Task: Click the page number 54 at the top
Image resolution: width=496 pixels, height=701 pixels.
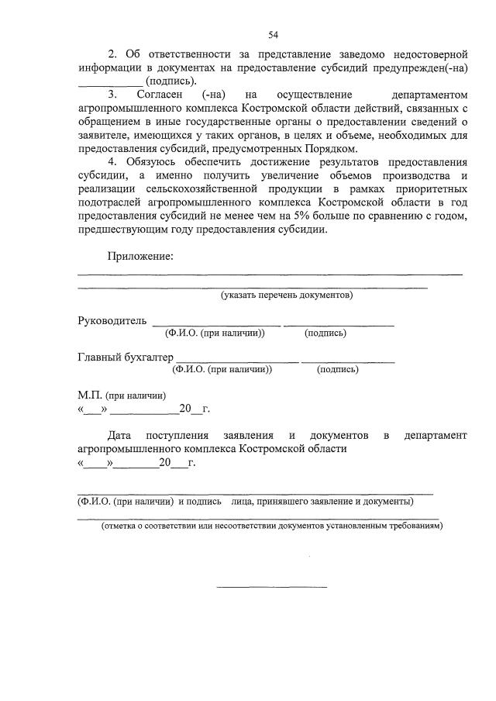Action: tap(273, 34)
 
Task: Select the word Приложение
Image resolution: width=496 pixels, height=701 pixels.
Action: tap(140, 257)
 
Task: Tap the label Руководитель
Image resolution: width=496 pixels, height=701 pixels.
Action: tap(112, 321)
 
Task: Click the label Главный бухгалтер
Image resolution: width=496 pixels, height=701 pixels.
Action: tap(126, 357)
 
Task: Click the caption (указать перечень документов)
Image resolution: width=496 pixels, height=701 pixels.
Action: tap(286, 295)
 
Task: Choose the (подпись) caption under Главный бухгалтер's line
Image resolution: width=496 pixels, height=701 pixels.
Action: tap(338, 370)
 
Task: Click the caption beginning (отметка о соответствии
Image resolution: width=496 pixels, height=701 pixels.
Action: tap(272, 525)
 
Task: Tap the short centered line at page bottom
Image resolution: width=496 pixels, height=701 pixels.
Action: tap(271, 586)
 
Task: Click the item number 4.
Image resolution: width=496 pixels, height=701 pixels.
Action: tap(112, 162)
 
